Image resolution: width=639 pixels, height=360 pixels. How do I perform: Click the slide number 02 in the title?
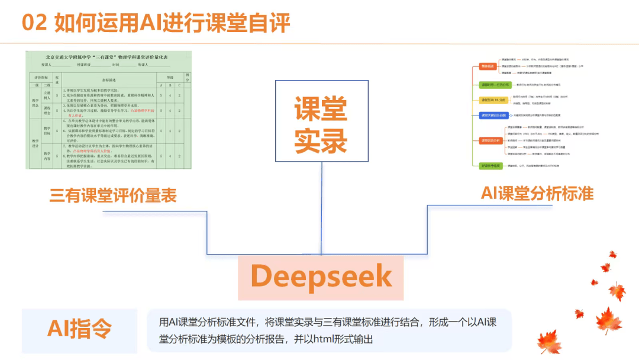pyautogui.click(x=34, y=23)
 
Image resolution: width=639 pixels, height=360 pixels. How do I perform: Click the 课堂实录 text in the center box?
pyautogui.click(x=321, y=125)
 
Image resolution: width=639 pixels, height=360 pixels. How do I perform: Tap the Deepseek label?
pyautogui.click(x=321, y=276)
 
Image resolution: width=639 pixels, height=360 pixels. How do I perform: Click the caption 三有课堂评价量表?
pyautogui.click(x=113, y=195)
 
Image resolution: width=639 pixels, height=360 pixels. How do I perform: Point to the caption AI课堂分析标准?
pyautogui.click(x=537, y=193)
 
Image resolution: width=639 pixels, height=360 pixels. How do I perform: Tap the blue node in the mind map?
pyautogui.click(x=492, y=115)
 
